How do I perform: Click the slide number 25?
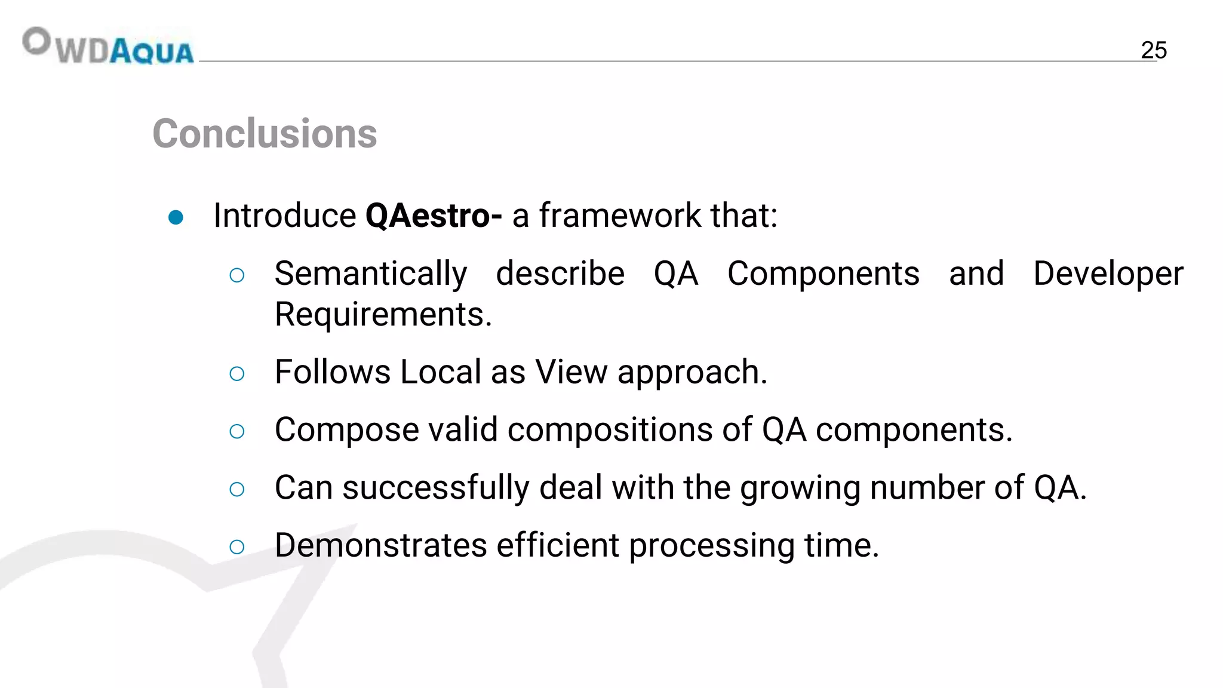(x=1153, y=50)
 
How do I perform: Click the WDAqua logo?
(x=108, y=46)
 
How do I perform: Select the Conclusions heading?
(x=265, y=133)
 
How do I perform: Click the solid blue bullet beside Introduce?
(x=176, y=217)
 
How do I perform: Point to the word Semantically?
(x=370, y=275)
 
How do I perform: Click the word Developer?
(x=1108, y=275)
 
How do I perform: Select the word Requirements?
(x=383, y=314)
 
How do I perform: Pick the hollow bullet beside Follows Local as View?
(x=237, y=374)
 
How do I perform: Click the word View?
(x=571, y=372)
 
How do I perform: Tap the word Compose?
(x=346, y=430)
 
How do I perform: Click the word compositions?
(x=610, y=430)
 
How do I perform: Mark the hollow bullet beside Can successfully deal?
(x=237, y=489)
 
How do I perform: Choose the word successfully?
(x=435, y=488)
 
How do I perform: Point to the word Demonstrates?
(x=380, y=545)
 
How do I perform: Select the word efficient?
(x=557, y=545)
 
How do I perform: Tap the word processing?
(x=711, y=546)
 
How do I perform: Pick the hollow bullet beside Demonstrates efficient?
(x=237, y=546)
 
